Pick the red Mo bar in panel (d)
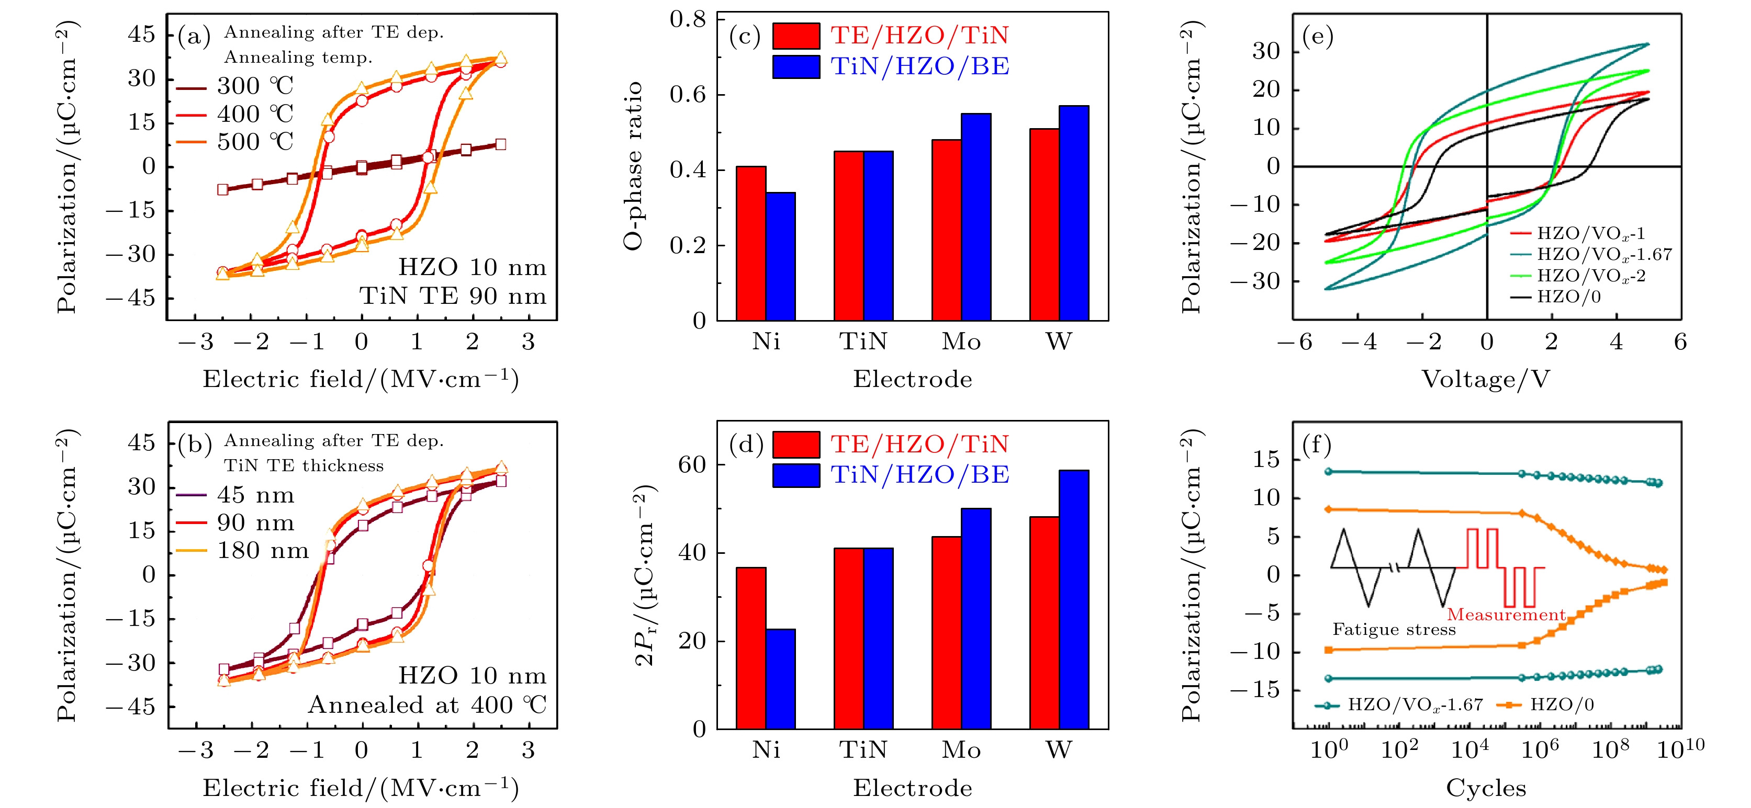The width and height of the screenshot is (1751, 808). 946,632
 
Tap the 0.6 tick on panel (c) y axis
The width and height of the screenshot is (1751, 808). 687,95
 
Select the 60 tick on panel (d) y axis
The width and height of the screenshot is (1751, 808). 692,465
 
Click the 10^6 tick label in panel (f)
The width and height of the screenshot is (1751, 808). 1540,749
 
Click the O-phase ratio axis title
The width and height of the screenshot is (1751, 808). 633,166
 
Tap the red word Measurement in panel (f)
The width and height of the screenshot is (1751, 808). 1506,615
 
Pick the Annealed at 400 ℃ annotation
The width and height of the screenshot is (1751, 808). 428,704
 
